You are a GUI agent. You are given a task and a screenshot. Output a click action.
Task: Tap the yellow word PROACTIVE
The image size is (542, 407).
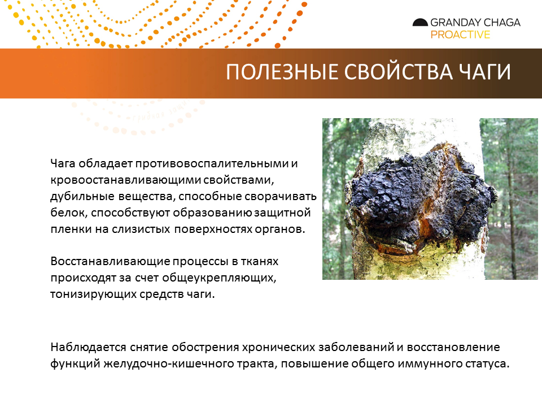click(460, 34)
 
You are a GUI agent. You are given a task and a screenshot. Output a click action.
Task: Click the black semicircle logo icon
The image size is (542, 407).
click(420, 23)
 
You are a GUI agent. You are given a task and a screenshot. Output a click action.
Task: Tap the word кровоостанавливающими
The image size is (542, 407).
click(125, 180)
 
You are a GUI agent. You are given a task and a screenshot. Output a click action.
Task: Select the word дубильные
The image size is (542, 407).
click(82, 196)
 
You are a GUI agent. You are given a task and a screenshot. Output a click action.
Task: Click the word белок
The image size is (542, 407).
click(68, 213)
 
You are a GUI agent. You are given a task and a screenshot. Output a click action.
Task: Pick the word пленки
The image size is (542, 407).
click(71, 229)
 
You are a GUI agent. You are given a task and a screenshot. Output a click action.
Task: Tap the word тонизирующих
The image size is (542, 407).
click(93, 294)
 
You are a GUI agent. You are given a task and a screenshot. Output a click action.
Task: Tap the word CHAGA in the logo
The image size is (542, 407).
click(500, 23)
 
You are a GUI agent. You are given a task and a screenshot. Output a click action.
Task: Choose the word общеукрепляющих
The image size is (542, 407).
click(219, 278)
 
